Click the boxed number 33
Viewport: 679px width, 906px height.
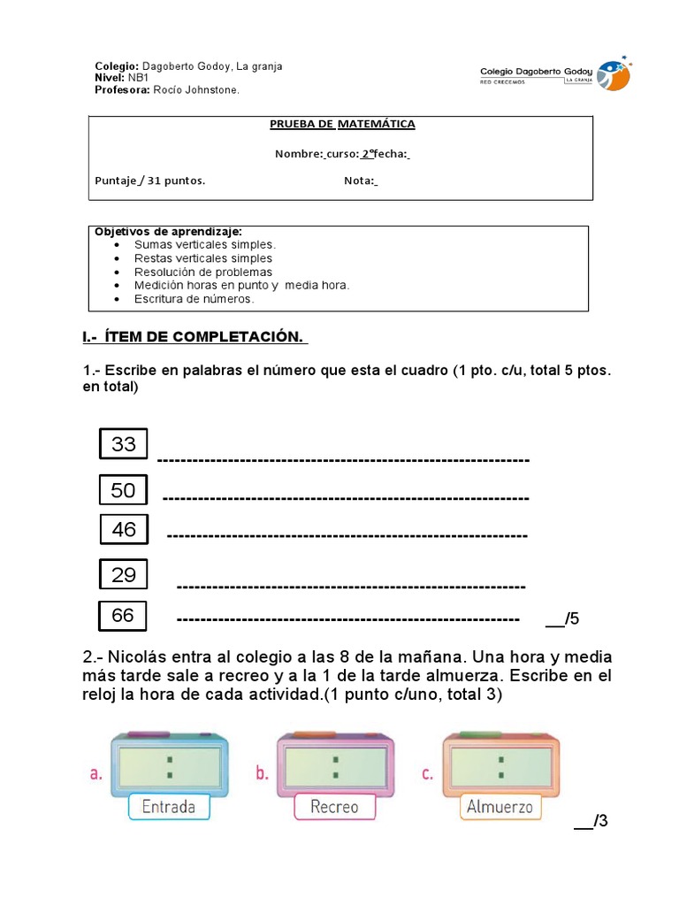pyautogui.click(x=124, y=444)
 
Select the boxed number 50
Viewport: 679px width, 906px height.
pyautogui.click(x=124, y=490)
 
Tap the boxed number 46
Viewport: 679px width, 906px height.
pyautogui.click(x=124, y=530)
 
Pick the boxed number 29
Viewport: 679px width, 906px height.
pyautogui.click(x=124, y=575)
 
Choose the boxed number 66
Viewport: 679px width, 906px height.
pyautogui.click(x=123, y=615)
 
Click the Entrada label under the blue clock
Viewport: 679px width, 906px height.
pyautogui.click(x=169, y=807)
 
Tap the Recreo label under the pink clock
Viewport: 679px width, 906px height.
pyautogui.click(x=334, y=807)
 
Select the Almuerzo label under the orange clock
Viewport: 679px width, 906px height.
pyautogui.click(x=500, y=807)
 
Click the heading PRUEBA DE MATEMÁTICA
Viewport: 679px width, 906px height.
pyautogui.click(x=342, y=125)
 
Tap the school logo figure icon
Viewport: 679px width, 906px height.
pyautogui.click(x=614, y=76)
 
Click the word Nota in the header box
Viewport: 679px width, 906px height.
pyautogui.click(x=358, y=181)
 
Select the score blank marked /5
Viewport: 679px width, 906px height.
pyautogui.click(x=562, y=618)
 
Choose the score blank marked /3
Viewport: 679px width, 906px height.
pyautogui.click(x=591, y=822)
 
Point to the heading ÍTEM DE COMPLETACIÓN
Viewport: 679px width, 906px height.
pyautogui.click(x=195, y=337)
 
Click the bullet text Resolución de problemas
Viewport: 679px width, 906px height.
pyautogui.click(x=203, y=272)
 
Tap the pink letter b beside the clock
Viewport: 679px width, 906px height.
pyautogui.click(x=262, y=773)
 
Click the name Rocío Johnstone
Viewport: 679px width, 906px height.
pyautogui.click(x=195, y=89)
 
